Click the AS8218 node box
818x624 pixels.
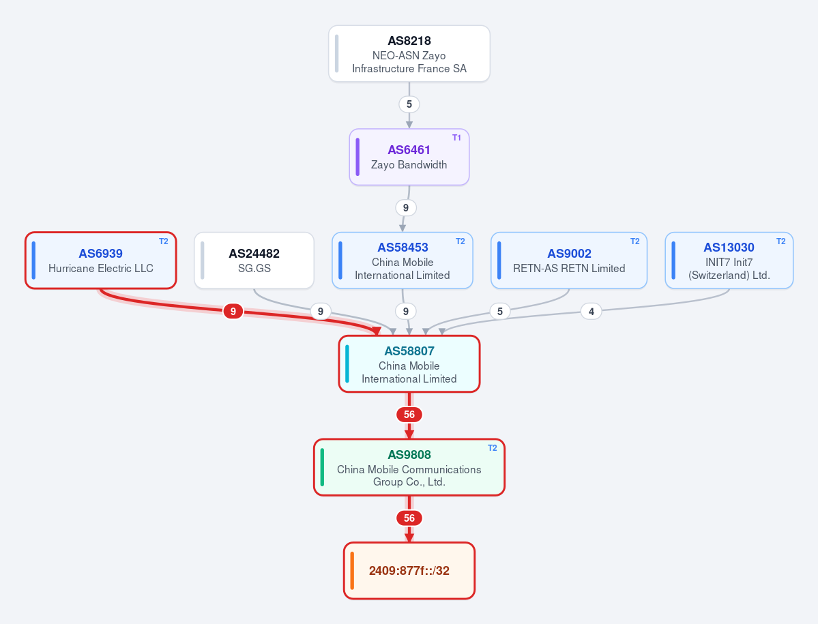[x=409, y=54]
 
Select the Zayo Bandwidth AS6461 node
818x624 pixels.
[x=409, y=157]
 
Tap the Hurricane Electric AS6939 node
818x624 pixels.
[x=101, y=260]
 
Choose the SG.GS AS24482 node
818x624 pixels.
[x=254, y=260]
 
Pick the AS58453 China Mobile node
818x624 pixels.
[x=403, y=260]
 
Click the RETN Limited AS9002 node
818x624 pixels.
[x=568, y=260]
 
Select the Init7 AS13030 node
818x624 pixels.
[x=729, y=260]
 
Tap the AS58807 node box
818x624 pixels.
[x=409, y=364]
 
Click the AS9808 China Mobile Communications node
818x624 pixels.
[x=409, y=467]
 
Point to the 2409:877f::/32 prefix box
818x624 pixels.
[x=409, y=570]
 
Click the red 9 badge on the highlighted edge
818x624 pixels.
[x=233, y=311]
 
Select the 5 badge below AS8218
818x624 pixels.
[x=409, y=104]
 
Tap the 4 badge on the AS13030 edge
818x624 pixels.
[x=591, y=312]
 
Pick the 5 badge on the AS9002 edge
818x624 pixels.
[x=500, y=311]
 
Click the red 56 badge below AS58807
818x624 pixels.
[x=409, y=415]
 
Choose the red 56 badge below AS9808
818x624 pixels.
[x=409, y=518]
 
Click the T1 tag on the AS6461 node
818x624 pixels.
[x=456, y=138]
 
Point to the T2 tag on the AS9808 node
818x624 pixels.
[x=492, y=448]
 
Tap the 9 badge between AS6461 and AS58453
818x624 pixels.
[x=405, y=207]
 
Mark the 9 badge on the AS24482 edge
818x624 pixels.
[x=321, y=311]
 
